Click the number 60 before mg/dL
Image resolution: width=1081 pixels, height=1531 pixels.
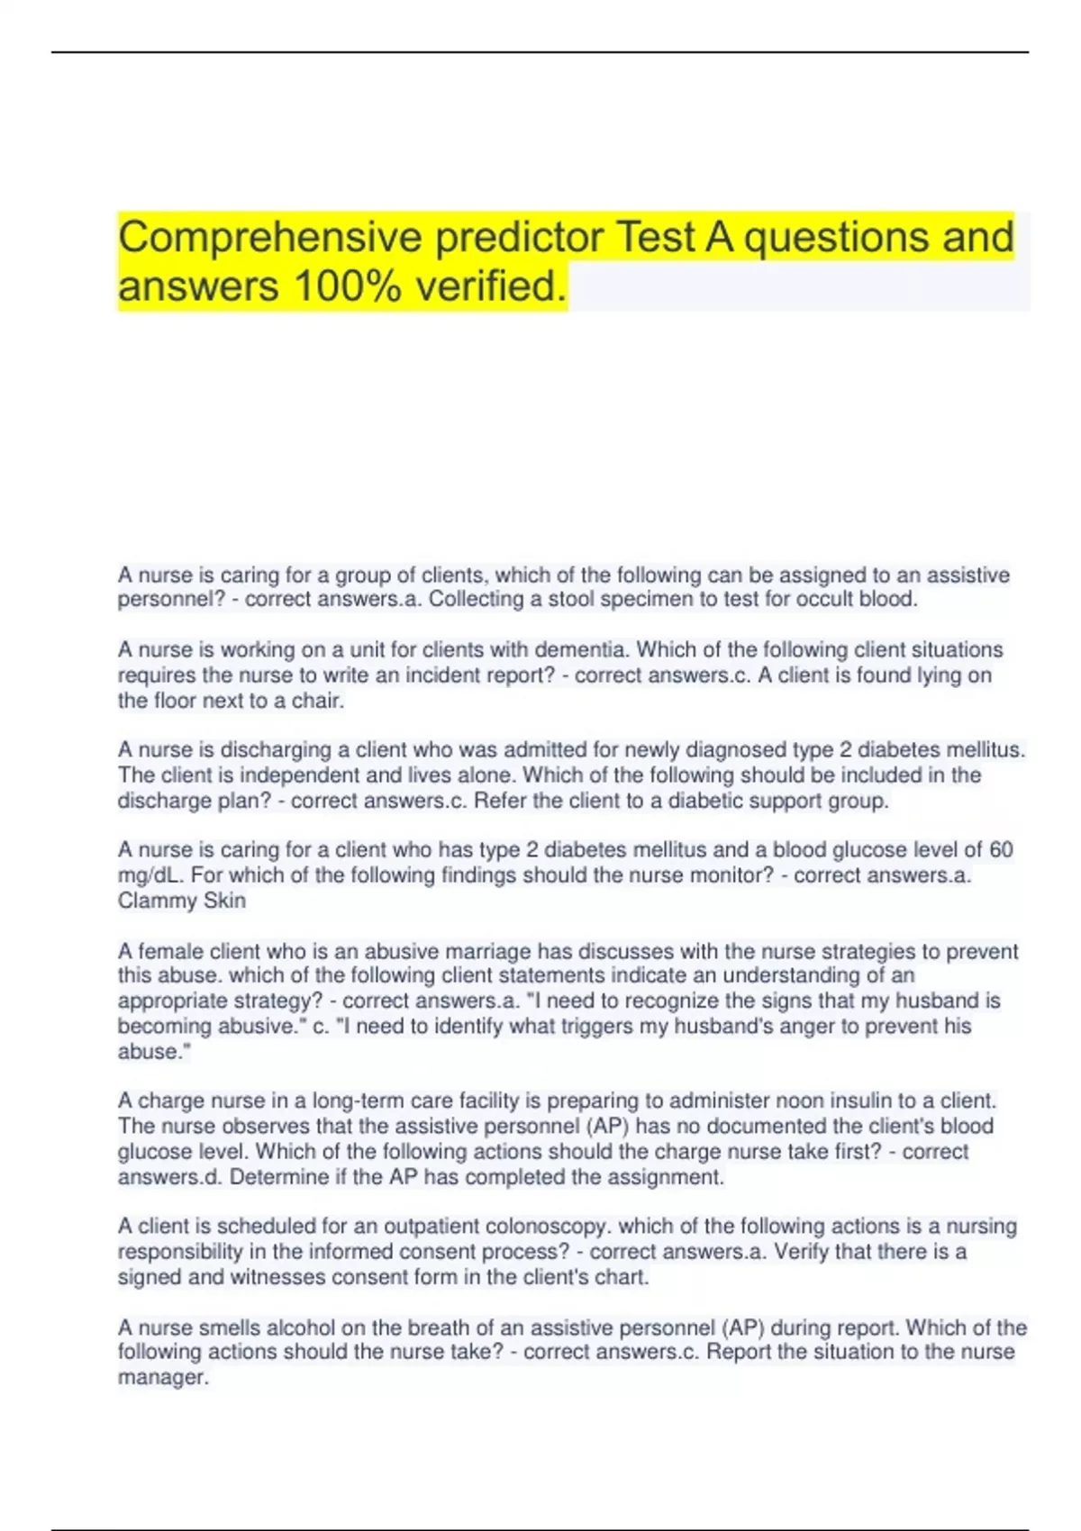click(1001, 850)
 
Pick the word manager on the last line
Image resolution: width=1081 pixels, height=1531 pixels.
click(162, 1378)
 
